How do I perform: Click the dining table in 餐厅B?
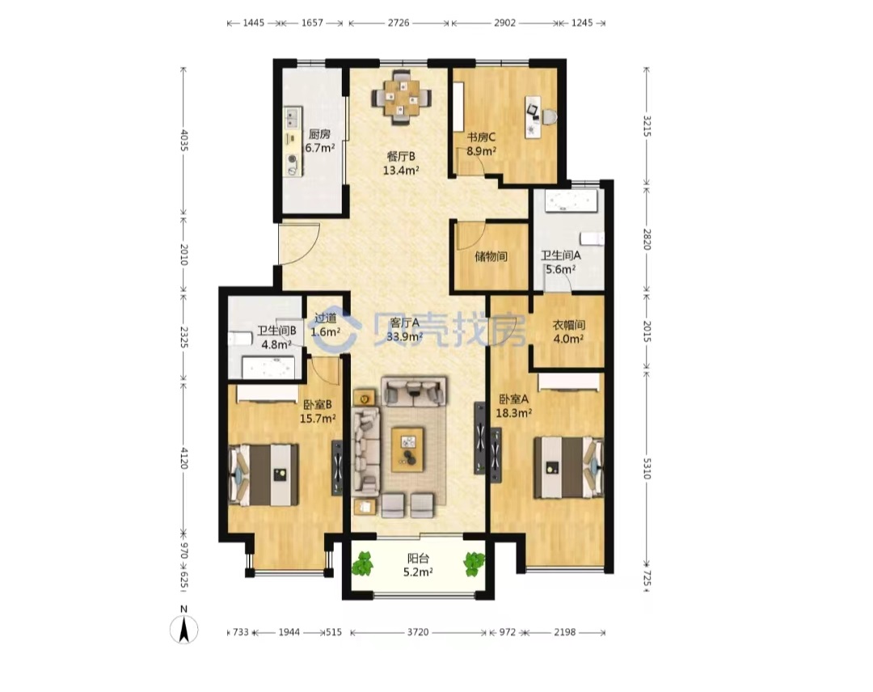click(x=401, y=99)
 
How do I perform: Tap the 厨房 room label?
click(x=319, y=134)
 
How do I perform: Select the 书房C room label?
click(x=481, y=137)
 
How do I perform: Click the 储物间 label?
click(x=491, y=256)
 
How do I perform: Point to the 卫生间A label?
click(x=561, y=255)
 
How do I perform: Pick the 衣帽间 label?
click(x=568, y=324)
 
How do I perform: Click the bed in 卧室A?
click(x=568, y=467)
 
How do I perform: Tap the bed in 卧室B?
click(x=263, y=475)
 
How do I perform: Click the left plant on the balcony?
click(x=363, y=563)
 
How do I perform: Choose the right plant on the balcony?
click(x=474, y=563)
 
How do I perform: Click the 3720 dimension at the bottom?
click(x=418, y=632)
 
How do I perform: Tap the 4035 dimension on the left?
click(x=184, y=141)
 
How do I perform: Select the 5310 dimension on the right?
click(x=647, y=468)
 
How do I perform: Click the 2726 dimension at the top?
click(x=398, y=23)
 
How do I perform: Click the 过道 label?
click(x=326, y=319)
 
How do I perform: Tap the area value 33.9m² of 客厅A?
click(x=405, y=336)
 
